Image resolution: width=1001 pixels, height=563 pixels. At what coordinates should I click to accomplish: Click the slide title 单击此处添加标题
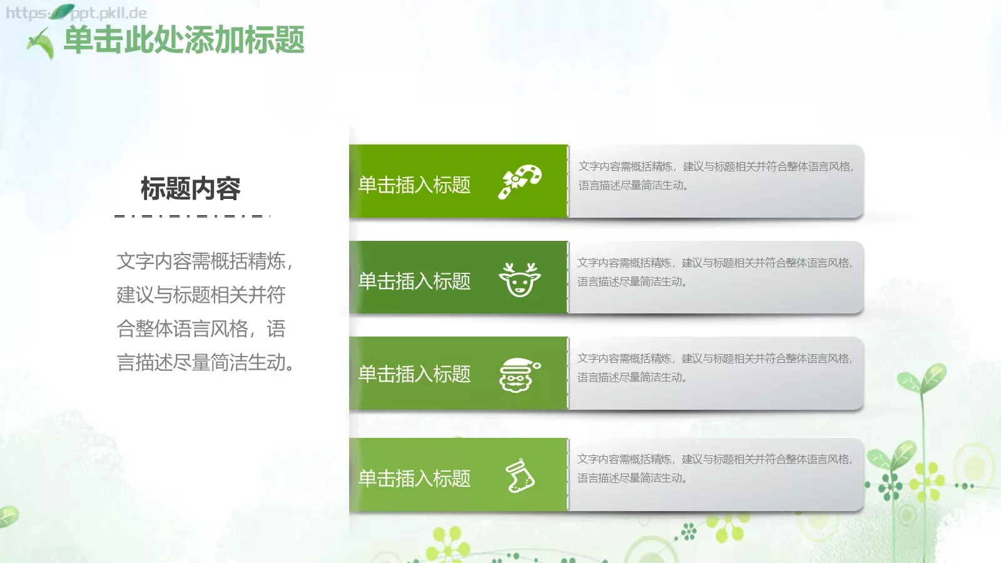[184, 40]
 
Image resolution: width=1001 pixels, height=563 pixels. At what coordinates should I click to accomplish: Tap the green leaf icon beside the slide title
[41, 43]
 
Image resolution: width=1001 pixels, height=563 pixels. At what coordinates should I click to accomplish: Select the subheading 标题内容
[190, 188]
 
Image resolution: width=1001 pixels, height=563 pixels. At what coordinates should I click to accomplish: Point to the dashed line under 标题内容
[192, 216]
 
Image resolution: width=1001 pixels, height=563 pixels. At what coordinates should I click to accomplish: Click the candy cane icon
[519, 181]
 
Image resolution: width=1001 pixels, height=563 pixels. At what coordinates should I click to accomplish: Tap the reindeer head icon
[519, 279]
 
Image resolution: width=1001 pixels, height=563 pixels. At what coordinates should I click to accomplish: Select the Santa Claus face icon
[519, 375]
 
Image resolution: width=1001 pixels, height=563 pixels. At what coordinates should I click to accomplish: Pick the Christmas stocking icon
[520, 476]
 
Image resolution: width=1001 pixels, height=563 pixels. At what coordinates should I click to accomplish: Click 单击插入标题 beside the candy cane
[414, 185]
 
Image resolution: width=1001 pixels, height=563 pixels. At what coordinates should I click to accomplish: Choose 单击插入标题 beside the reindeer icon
[414, 281]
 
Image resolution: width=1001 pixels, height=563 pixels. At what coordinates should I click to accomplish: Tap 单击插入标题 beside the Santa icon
[414, 374]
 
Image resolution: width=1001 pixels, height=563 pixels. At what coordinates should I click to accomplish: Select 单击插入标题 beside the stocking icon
[414, 479]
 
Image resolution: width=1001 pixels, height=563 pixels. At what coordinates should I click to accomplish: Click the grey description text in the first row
[716, 176]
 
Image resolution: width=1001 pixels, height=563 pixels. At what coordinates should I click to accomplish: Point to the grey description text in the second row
[714, 272]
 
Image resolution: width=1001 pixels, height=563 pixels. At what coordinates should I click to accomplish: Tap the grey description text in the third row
[714, 368]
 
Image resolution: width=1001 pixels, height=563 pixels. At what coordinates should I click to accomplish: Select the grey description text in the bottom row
[714, 469]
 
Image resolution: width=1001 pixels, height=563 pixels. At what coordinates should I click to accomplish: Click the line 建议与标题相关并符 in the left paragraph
[201, 295]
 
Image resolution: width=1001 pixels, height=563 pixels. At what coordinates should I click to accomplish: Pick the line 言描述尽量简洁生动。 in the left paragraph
[205, 362]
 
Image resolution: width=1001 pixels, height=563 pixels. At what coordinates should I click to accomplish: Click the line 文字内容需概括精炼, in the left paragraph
[204, 261]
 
